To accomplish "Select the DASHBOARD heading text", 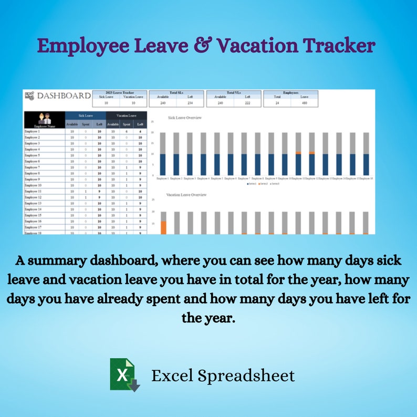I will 64,96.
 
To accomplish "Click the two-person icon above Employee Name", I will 44,118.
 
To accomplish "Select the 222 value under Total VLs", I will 247,103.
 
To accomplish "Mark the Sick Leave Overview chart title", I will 185,118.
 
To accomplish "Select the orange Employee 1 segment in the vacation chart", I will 163,227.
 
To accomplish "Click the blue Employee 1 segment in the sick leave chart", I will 163,164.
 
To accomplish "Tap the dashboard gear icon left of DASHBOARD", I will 30,96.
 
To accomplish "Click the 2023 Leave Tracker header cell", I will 120,92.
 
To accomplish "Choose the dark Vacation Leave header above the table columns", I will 127,115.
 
